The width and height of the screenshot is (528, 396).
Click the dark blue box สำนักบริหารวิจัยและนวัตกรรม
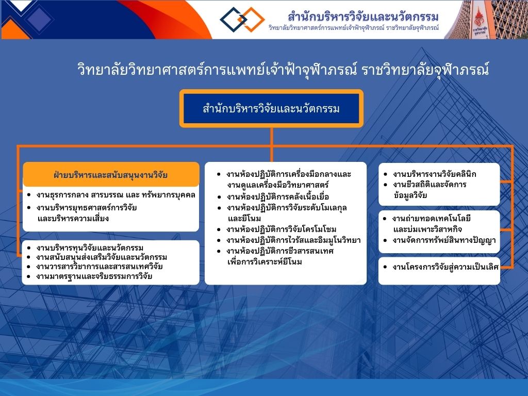coord(271,108)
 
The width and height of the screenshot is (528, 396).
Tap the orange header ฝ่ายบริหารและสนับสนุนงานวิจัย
coord(111,174)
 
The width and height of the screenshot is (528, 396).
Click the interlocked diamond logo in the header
coord(242,20)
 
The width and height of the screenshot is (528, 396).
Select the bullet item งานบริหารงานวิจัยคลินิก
coord(434,174)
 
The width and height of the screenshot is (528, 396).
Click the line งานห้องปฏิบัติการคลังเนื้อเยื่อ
coord(277,197)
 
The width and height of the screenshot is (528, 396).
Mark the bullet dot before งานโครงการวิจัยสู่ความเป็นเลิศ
coord(385,267)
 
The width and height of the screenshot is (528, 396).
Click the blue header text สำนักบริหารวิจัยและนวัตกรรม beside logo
coord(363,16)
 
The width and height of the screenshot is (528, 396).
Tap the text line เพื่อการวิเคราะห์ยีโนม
coord(265,262)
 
